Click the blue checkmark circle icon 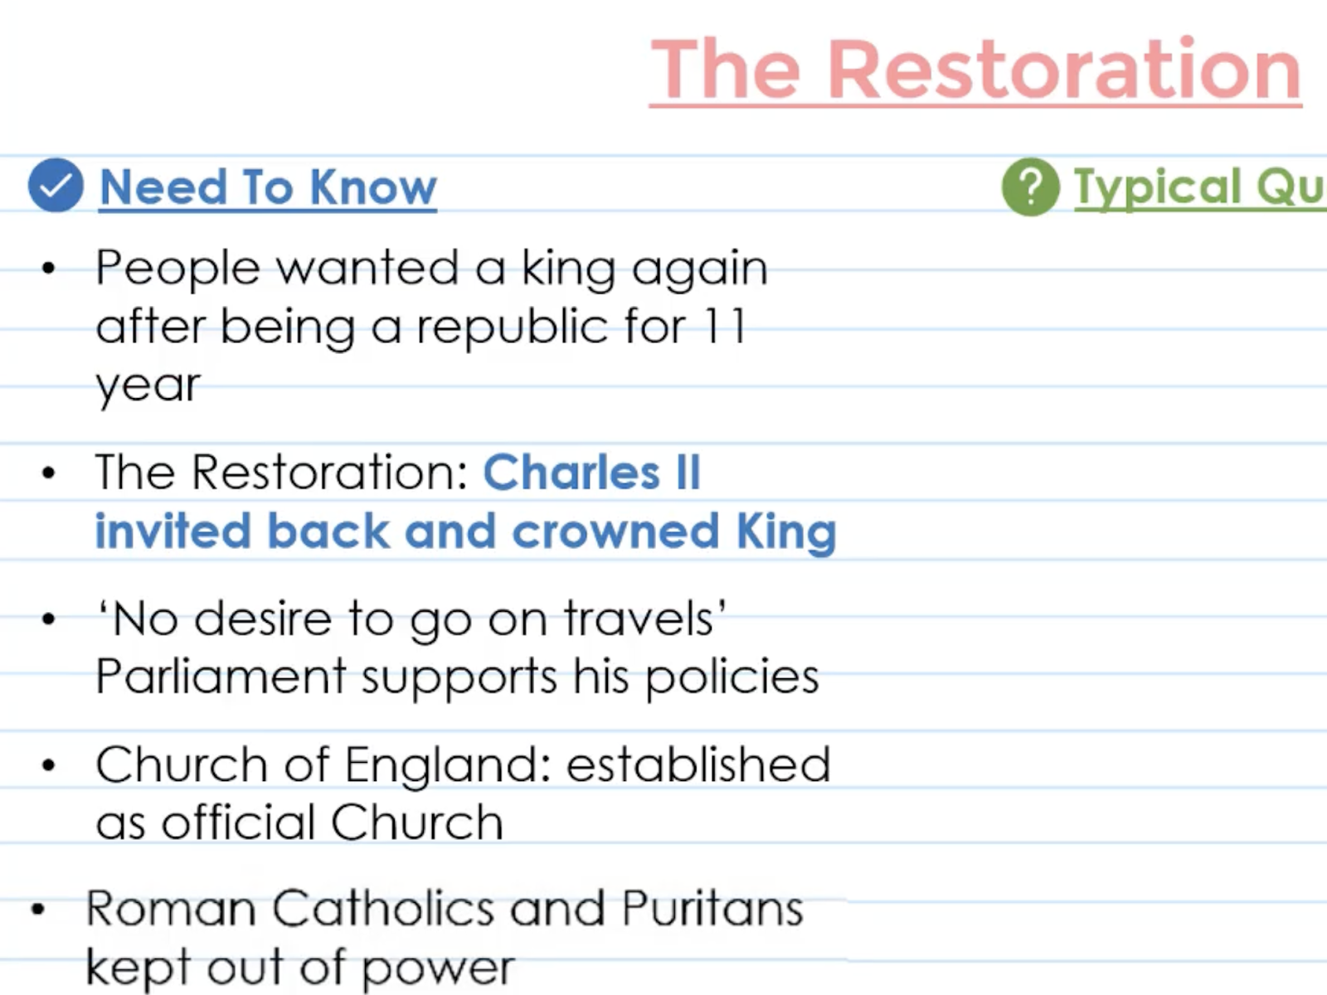(x=56, y=185)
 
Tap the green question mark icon (x=1031, y=187)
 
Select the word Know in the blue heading (x=373, y=187)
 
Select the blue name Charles (x=571, y=472)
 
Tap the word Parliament (x=221, y=676)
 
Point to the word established (x=698, y=764)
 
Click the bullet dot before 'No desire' (x=49, y=619)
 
